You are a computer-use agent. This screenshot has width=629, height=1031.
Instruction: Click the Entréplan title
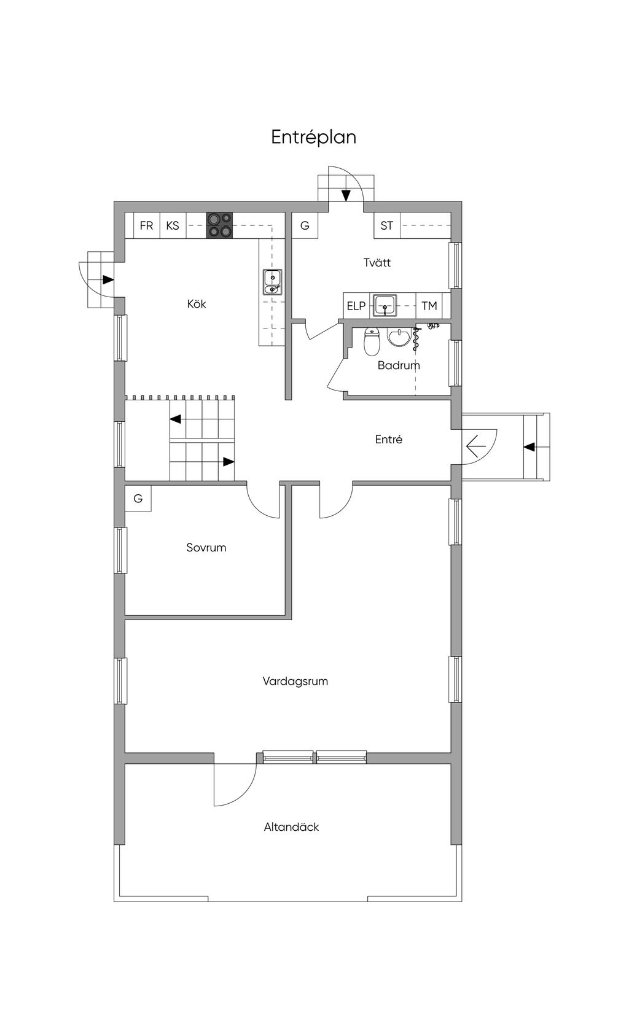(314, 137)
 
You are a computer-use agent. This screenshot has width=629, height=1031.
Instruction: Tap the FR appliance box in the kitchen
(146, 225)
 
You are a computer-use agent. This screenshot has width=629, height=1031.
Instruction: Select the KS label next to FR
(173, 225)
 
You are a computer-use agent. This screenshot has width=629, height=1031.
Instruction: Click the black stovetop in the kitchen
(219, 225)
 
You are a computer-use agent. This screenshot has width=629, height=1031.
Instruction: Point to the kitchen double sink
(272, 282)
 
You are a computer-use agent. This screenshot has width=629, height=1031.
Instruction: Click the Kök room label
(197, 304)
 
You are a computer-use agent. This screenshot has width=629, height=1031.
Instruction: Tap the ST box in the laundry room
(387, 225)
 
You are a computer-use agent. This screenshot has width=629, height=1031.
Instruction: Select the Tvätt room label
(377, 262)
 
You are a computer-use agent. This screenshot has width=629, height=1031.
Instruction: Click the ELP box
(356, 306)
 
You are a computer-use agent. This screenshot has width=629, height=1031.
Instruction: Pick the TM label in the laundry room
(429, 306)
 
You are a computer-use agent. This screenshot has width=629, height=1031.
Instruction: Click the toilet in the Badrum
(372, 341)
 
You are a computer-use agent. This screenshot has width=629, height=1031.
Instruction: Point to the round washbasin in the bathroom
(398, 337)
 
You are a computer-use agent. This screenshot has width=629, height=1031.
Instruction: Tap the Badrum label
(399, 365)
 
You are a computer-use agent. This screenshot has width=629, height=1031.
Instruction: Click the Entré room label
(389, 440)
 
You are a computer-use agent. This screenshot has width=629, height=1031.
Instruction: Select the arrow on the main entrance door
(476, 446)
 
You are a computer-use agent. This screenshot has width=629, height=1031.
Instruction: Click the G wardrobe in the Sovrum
(138, 498)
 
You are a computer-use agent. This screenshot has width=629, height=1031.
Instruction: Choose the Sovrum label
(206, 548)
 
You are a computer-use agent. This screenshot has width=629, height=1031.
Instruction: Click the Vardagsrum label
(295, 681)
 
